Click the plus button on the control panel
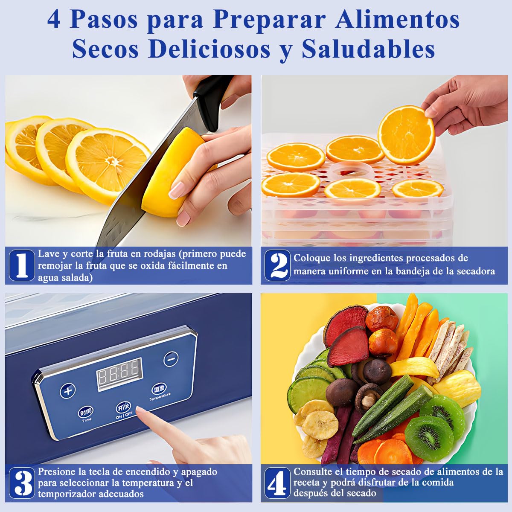click(68, 390)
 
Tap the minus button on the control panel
click(171, 359)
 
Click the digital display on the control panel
click(119, 375)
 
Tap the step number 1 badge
click(22, 265)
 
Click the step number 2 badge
click(277, 265)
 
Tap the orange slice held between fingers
click(406, 135)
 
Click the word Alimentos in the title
click(397, 20)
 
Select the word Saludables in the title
click(368, 49)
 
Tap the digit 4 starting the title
click(54, 20)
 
